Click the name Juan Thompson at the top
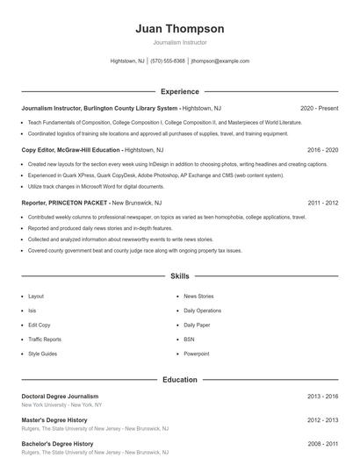point(179,29)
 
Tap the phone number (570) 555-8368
point(168,61)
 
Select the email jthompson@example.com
point(220,61)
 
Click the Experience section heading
point(179,91)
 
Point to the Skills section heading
point(179,275)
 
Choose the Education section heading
point(179,380)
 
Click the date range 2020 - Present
point(319,108)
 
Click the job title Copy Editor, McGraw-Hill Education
point(71,150)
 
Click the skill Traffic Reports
point(45,339)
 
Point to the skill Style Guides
point(42,353)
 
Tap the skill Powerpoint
point(197,353)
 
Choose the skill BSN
point(189,339)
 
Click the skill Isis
point(32,311)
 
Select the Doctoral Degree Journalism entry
point(60,397)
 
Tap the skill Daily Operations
point(202,311)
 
